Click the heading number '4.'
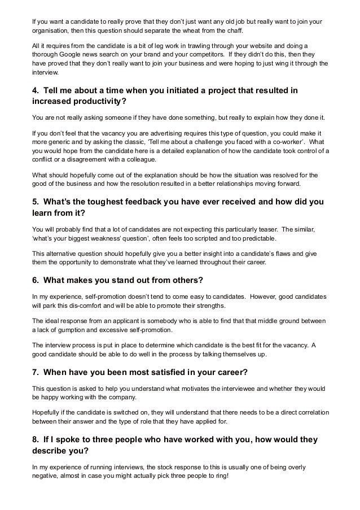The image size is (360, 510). pos(35,90)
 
